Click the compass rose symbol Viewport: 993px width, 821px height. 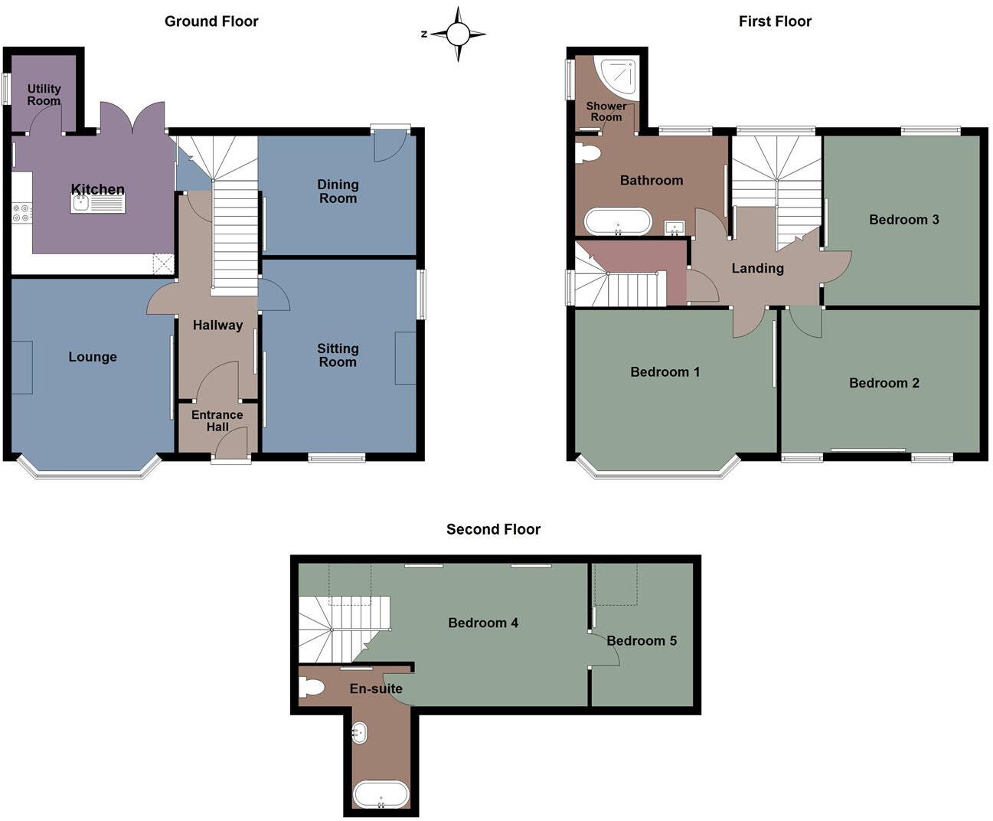pyautogui.click(x=458, y=34)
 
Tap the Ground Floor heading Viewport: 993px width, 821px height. pyautogui.click(x=211, y=21)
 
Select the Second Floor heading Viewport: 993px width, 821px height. pyautogui.click(x=493, y=529)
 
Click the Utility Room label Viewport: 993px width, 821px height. pyautogui.click(x=44, y=95)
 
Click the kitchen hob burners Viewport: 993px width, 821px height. pyautogui.click(x=21, y=212)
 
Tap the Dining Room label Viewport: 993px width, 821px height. pyautogui.click(x=338, y=191)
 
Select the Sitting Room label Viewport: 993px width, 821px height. pyautogui.click(x=338, y=355)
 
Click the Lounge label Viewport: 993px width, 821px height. pyautogui.click(x=93, y=357)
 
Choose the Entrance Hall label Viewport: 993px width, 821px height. pyautogui.click(x=217, y=420)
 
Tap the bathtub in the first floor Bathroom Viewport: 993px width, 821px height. pyautogui.click(x=618, y=222)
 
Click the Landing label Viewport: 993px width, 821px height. pyautogui.click(x=757, y=268)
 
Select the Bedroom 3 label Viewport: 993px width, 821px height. pyautogui.click(x=903, y=220)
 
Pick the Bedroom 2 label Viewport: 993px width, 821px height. pyautogui.click(x=884, y=383)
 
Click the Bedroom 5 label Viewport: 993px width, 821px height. pyautogui.click(x=642, y=641)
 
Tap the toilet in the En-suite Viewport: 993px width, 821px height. pyautogui.click(x=312, y=687)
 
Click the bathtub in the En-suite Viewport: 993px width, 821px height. pyautogui.click(x=381, y=795)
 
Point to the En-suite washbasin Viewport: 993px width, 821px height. pyautogui.click(x=358, y=733)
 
